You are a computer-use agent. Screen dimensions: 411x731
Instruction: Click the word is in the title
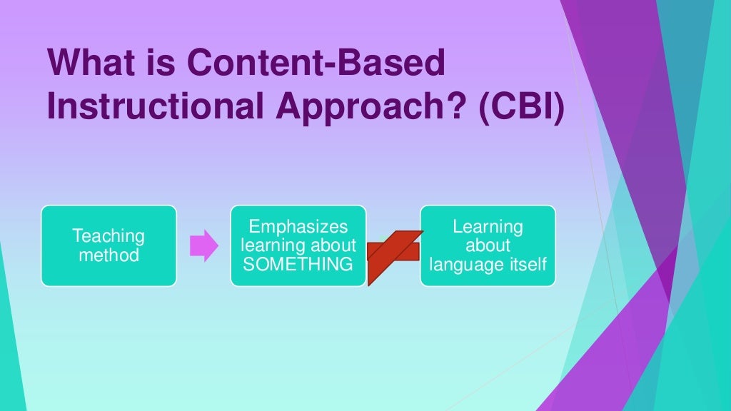[165, 64]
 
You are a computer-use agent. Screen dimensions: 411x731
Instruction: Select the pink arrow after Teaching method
[203, 245]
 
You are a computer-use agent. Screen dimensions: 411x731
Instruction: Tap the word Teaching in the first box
[109, 236]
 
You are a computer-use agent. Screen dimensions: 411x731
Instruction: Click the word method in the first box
[109, 255]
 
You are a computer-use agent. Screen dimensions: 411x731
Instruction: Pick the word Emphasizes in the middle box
[298, 227]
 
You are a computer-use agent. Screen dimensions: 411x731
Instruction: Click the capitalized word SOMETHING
[298, 264]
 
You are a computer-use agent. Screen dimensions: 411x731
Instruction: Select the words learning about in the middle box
[298, 245]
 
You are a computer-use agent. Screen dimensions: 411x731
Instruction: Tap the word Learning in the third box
[488, 227]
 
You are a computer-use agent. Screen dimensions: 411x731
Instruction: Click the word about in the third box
[488, 245]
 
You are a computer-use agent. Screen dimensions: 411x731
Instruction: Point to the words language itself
[488, 264]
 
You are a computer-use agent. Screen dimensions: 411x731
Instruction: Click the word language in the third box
[462, 265]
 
